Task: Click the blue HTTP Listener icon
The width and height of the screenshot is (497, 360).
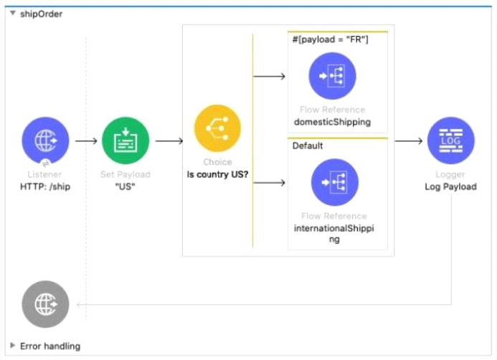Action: click(45, 141)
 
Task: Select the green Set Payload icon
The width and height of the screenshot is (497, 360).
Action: click(126, 141)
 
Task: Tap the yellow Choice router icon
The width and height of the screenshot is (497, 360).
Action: click(217, 128)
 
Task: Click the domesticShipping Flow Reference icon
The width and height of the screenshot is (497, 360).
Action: click(333, 76)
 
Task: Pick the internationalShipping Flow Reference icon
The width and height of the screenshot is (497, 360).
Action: click(335, 182)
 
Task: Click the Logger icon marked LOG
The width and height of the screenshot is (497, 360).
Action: click(450, 141)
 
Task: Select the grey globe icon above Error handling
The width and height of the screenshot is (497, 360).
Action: click(45, 304)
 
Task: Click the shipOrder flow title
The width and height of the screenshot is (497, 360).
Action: click(41, 14)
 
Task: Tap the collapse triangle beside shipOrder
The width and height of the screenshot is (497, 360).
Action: click(13, 13)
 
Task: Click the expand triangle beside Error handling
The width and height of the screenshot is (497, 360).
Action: click(13, 346)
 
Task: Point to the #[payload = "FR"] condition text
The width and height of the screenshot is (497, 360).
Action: click(331, 39)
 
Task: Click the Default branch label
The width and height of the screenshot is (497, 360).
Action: click(308, 146)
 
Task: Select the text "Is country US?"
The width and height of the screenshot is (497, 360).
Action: click(217, 174)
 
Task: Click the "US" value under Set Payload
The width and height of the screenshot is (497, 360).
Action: click(126, 186)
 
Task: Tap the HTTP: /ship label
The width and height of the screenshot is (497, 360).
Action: click(45, 186)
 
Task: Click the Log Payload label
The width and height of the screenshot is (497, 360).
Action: click(450, 186)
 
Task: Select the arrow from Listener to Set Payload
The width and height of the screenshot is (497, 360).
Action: click(86, 141)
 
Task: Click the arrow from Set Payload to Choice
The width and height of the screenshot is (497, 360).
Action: click(169, 141)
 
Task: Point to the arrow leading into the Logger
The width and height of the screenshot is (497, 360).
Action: click(409, 141)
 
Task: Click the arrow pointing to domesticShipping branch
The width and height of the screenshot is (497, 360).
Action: click(270, 76)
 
